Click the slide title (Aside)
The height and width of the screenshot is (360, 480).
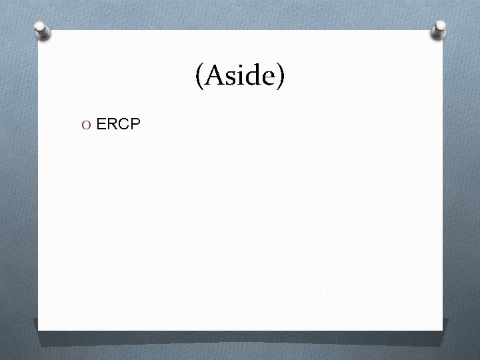tap(240, 77)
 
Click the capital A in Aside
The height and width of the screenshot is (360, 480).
tap(214, 75)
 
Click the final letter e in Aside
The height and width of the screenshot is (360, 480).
tap(267, 79)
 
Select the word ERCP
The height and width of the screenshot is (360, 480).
tap(118, 123)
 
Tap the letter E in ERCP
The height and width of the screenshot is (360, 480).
tap(101, 123)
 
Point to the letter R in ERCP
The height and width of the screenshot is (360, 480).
tap(112, 123)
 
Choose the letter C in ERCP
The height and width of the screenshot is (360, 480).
tap(123, 123)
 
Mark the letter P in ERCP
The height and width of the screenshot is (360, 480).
tap(134, 123)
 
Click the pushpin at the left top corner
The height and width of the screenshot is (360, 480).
tap(43, 31)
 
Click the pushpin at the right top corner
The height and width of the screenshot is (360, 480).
tap(439, 29)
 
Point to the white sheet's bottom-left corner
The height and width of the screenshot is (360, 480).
tap(38, 330)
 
